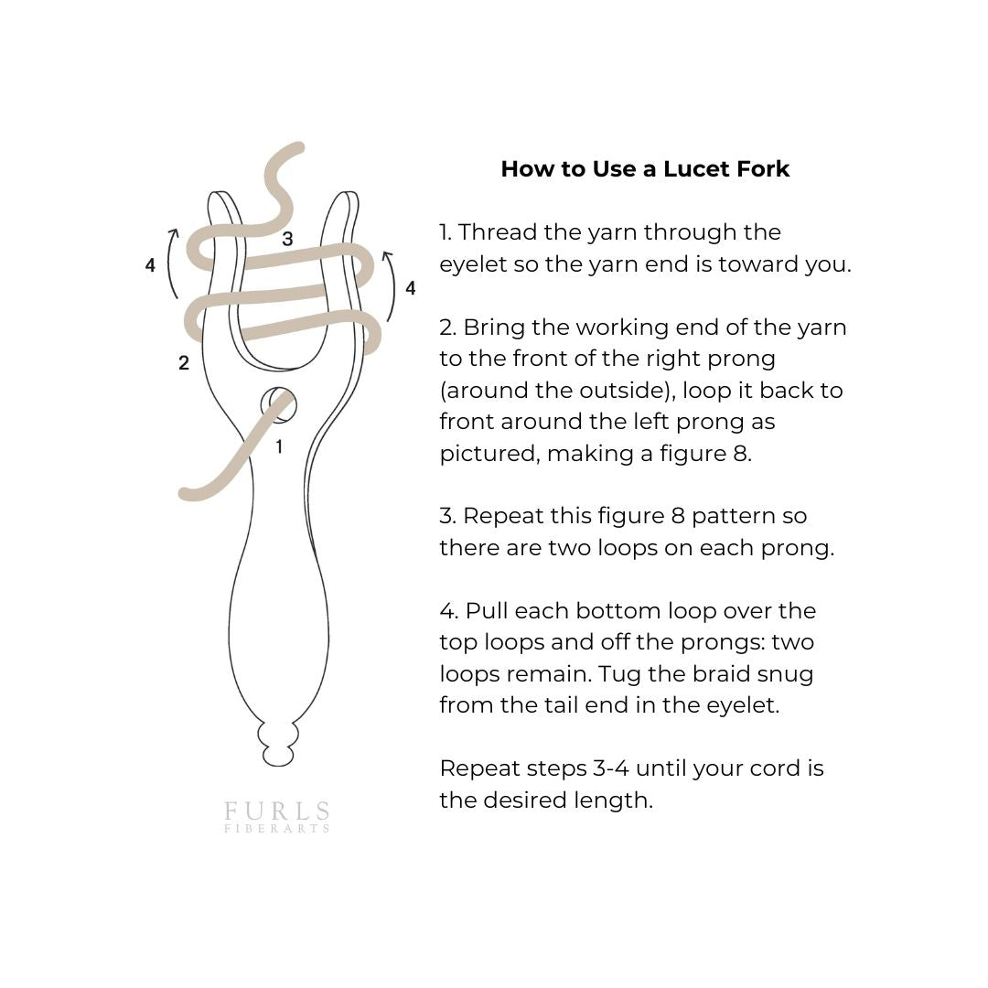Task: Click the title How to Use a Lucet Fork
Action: point(645,169)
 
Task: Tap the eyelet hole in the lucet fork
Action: point(278,404)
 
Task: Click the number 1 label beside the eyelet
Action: point(279,446)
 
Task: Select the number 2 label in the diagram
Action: point(184,363)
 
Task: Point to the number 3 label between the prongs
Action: point(287,240)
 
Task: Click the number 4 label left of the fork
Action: point(150,265)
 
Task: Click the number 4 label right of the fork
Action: point(410,288)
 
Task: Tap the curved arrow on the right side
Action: point(391,285)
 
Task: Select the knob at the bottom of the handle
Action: point(278,745)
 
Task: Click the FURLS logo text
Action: point(277,812)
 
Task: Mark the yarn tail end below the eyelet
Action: point(187,494)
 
